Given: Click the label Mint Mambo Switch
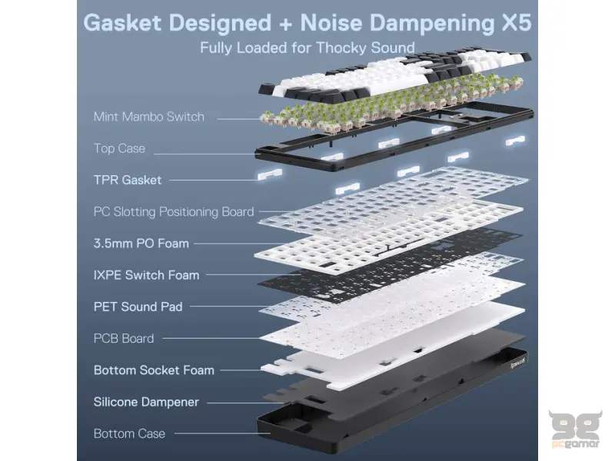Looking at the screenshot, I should click(148, 117).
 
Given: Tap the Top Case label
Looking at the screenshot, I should click(119, 148).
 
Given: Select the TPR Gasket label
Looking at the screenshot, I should click(128, 180).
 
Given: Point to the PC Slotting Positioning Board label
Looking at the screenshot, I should click(173, 211).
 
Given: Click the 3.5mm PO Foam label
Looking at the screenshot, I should click(141, 244).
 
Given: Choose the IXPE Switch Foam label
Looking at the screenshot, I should click(146, 275).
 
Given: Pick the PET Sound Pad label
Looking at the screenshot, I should click(138, 307).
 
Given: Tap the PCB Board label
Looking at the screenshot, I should click(124, 338).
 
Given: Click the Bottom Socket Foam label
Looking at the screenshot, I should click(153, 370).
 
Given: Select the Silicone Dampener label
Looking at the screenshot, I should click(146, 402).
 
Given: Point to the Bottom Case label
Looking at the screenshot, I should click(129, 433).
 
